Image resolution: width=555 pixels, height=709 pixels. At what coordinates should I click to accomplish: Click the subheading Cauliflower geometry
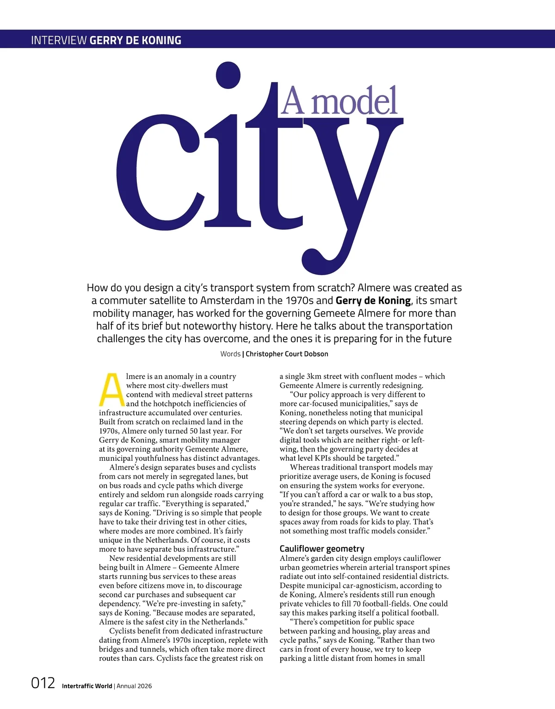(x=322, y=549)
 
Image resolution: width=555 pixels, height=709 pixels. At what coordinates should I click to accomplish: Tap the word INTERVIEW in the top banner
(x=59, y=40)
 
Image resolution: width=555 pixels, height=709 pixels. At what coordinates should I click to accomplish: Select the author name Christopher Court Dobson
(x=287, y=354)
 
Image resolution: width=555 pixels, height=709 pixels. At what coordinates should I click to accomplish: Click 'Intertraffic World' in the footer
(x=87, y=686)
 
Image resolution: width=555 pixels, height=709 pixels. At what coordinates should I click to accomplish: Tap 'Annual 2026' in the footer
(x=134, y=686)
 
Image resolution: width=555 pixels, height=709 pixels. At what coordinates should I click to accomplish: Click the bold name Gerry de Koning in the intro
(x=373, y=301)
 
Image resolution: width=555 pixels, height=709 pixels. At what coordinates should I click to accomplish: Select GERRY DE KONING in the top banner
(x=136, y=40)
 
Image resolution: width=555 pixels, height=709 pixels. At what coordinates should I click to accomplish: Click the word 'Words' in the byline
(x=230, y=354)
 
